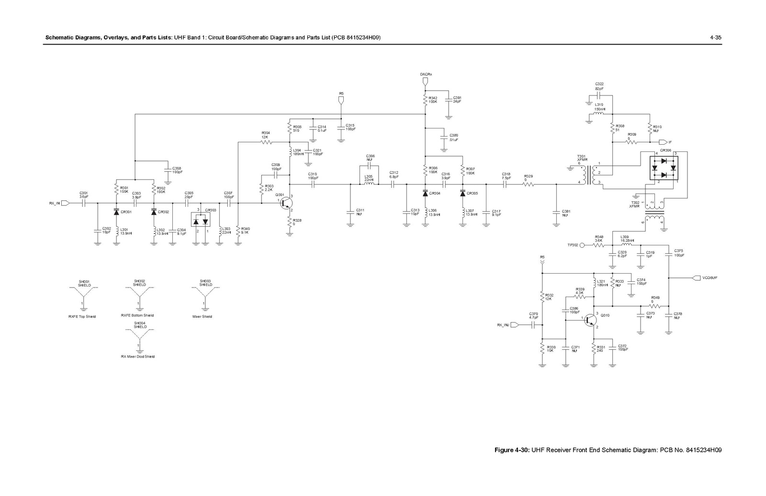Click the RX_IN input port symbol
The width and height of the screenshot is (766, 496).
[x=66, y=203]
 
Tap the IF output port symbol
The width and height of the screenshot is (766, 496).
[x=663, y=142]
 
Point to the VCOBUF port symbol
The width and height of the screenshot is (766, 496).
[x=697, y=278]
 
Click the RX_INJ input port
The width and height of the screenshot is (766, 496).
[x=515, y=325]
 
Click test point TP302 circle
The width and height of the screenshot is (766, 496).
[x=582, y=245]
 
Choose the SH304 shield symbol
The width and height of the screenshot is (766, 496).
[x=139, y=338]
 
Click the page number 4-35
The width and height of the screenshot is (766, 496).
[x=715, y=37]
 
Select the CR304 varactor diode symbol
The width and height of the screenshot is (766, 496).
[x=425, y=193]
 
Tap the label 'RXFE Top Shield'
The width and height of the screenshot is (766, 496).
[x=82, y=317]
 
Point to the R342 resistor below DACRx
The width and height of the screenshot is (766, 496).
[x=425, y=100]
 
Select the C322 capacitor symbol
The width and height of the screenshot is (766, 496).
[x=599, y=96]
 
